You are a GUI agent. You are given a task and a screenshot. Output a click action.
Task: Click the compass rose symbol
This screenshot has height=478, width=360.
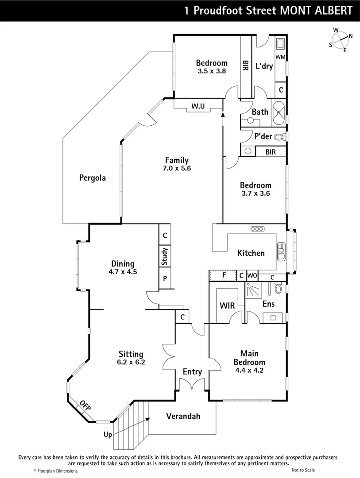pos(341,40)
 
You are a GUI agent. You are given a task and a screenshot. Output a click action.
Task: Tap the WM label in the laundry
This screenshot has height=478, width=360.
pos(280,57)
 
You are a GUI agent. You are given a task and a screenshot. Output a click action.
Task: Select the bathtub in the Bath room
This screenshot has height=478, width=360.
pos(279,112)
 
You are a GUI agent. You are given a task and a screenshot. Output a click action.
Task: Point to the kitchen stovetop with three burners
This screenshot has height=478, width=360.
pos(257,229)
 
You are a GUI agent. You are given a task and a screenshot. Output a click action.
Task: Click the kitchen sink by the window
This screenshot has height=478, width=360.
pos(281,253)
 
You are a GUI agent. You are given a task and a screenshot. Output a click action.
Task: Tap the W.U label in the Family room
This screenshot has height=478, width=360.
pos(197,106)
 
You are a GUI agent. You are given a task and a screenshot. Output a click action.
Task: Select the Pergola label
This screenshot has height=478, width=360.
pos(92,178)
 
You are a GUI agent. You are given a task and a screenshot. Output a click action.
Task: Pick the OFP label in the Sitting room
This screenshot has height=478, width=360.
pos(85,405)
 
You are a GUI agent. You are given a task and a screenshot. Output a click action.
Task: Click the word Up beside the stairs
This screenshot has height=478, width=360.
pos(108,435)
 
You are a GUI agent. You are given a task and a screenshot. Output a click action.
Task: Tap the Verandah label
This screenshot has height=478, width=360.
pos(183,416)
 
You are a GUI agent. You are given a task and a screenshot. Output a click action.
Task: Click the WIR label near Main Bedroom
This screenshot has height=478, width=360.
pos(227,305)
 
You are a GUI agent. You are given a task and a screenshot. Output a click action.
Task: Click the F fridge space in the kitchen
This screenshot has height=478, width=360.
pos(224,275)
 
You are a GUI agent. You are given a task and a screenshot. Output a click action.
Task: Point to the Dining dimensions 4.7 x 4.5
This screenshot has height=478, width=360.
pos(123,272)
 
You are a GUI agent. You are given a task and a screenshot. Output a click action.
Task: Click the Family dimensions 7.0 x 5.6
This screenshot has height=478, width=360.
pos(176,168)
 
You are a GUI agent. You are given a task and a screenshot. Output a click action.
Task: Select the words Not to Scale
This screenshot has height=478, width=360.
pos(303,470)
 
